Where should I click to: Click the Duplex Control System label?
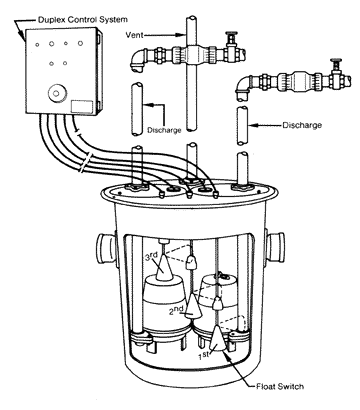point(83,19)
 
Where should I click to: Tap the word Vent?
point(134,35)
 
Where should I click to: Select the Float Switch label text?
point(280,387)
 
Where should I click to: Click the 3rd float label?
point(152,256)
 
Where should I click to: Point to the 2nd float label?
point(176,311)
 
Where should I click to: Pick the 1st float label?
point(204,355)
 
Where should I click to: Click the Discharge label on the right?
point(302,125)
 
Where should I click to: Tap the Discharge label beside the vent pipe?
point(164,130)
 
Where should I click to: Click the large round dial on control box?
point(56,92)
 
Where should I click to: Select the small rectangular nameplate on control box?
point(82,106)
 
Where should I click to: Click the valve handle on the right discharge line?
point(335,63)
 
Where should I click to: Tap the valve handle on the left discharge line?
point(230,36)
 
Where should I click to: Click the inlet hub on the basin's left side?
point(106,247)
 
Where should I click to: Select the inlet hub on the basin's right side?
point(275,247)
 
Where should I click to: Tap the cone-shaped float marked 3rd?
point(164,267)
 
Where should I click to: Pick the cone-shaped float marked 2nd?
point(193,305)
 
